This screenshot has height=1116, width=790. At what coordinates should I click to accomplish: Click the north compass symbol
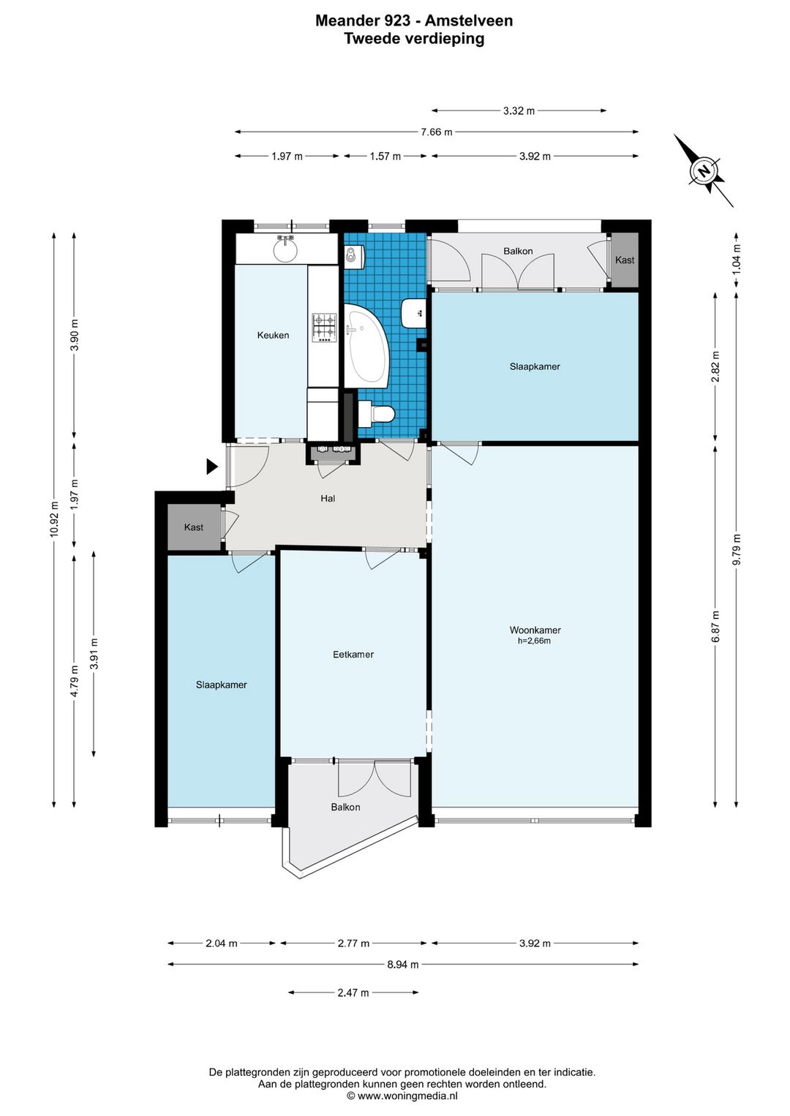[x=703, y=170]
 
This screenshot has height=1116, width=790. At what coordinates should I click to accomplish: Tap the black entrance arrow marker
[x=212, y=467]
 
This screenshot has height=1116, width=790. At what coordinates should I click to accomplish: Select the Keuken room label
[x=273, y=335]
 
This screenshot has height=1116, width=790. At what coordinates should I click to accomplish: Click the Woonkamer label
[x=535, y=630]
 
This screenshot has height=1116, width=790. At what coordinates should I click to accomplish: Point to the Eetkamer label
[x=353, y=654]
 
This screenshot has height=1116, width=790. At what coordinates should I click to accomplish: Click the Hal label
[x=328, y=498]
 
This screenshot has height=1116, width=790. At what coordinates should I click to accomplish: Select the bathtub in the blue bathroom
[x=366, y=346]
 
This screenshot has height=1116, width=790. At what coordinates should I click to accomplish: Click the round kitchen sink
[x=285, y=249]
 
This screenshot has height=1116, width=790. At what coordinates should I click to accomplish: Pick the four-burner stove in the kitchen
[x=323, y=328]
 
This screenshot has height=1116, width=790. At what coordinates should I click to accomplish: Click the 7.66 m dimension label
[x=437, y=132]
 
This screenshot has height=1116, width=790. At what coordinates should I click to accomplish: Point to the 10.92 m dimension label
[x=54, y=519]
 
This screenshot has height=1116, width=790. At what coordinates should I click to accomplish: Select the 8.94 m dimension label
[x=403, y=964]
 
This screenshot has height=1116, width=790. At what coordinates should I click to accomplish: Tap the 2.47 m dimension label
[x=353, y=992]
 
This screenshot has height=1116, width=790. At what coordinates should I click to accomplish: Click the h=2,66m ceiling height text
[x=534, y=641]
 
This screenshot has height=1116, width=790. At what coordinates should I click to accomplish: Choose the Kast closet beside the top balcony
[x=625, y=260]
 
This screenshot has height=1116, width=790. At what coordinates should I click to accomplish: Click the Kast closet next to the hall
[x=194, y=527]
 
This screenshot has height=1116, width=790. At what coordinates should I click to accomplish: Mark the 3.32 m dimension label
[x=519, y=110]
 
